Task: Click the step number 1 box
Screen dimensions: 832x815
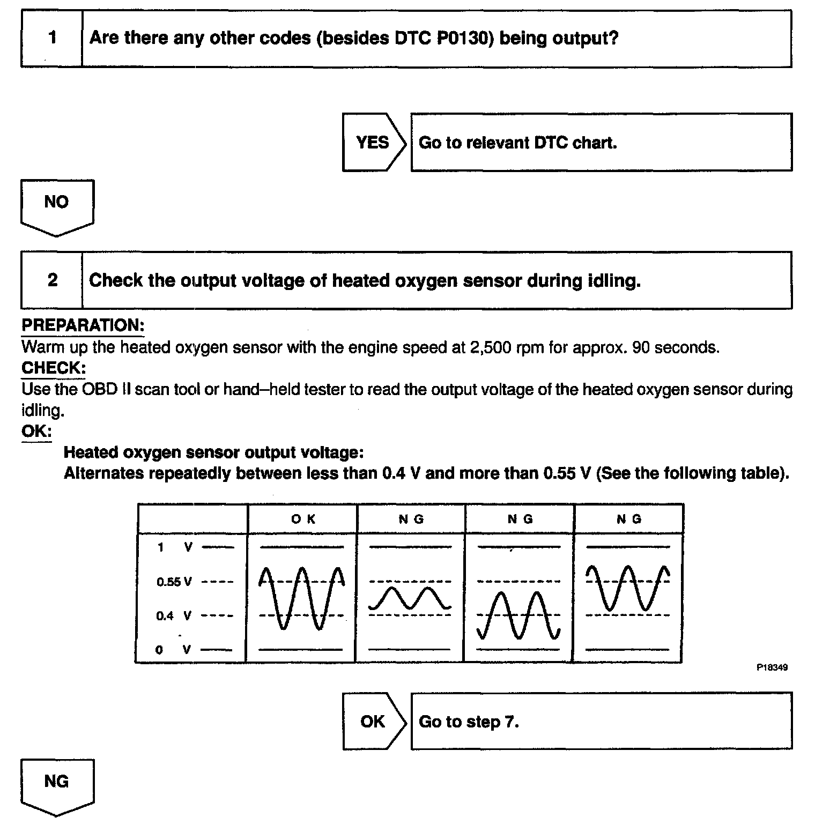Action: click(52, 38)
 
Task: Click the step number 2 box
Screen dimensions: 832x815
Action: click(52, 280)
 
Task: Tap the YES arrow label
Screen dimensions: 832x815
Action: click(373, 143)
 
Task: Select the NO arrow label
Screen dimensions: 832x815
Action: click(56, 203)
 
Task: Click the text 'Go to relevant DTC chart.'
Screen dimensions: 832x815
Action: click(517, 143)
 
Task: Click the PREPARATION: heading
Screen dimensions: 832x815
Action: click(83, 325)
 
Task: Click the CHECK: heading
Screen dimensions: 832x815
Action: click(53, 368)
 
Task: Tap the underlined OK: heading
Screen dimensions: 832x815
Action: click(36, 431)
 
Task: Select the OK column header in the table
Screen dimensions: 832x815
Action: click(303, 519)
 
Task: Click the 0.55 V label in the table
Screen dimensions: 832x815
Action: click(174, 582)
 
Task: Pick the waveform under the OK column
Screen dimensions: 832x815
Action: click(301, 597)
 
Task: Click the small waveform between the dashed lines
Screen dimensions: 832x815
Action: click(410, 598)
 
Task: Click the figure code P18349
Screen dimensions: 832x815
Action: click(772, 668)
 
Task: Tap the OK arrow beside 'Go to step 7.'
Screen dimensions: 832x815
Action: click(373, 722)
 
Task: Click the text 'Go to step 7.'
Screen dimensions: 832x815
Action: click(469, 722)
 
